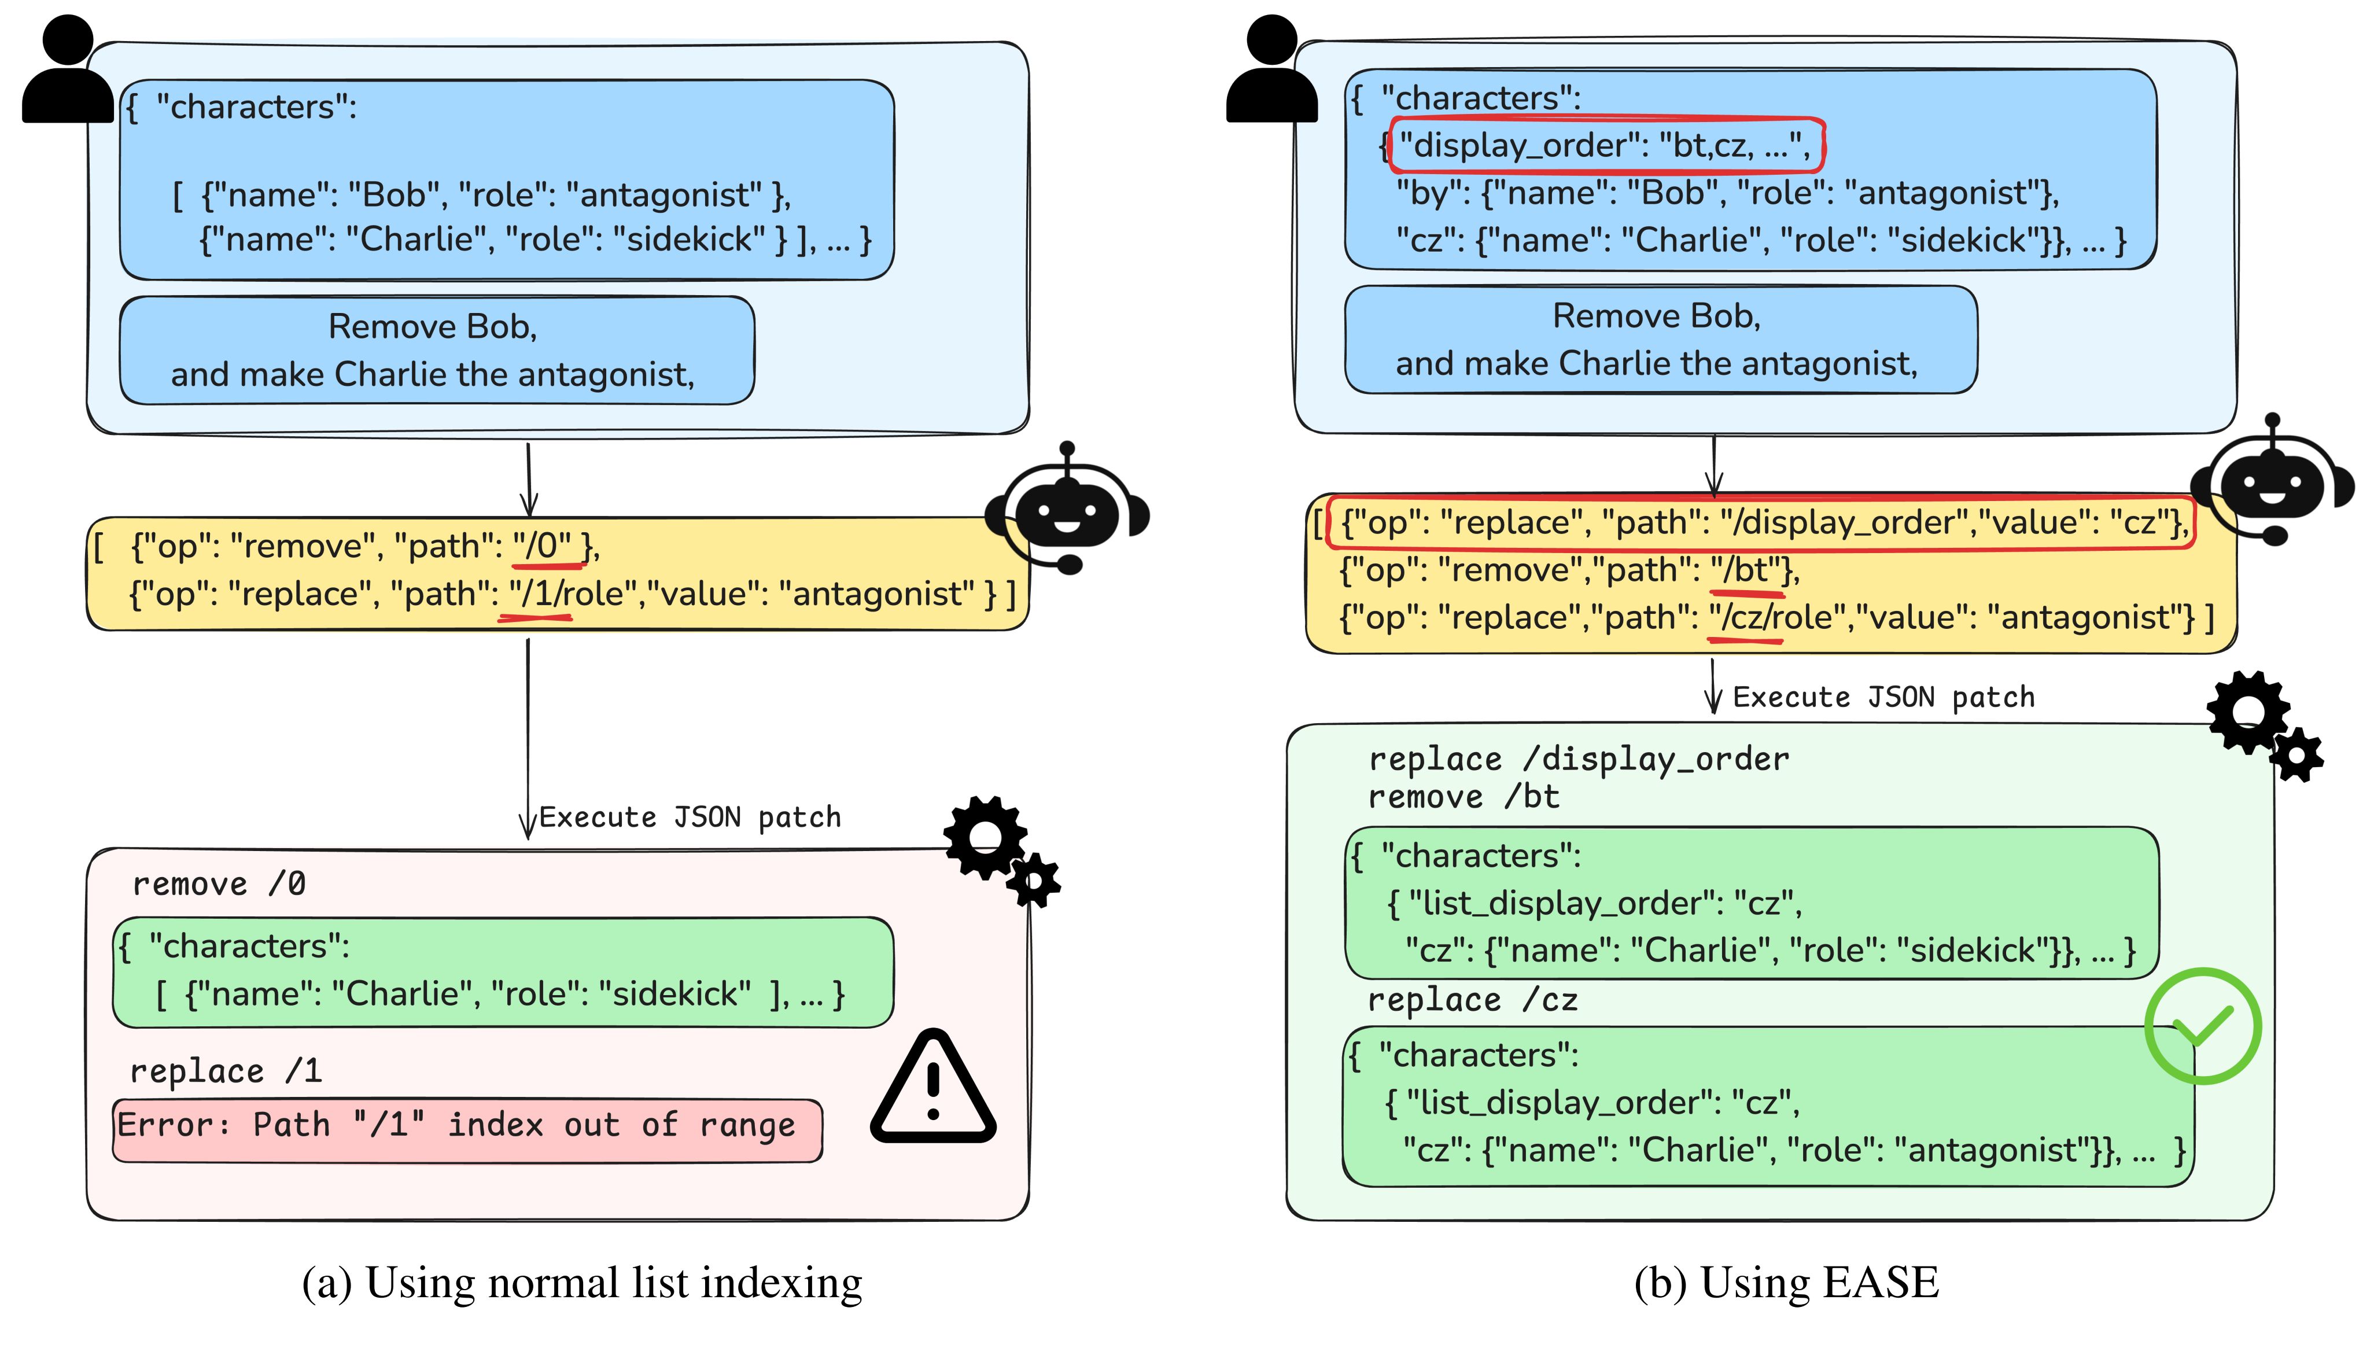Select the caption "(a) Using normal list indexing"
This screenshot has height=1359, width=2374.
[x=583, y=1283]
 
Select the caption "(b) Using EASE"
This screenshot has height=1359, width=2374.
[x=1786, y=1283]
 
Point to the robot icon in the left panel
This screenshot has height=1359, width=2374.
[x=1067, y=509]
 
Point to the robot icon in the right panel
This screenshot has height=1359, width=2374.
[x=2272, y=481]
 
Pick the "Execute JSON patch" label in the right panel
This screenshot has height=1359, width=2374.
[x=1883, y=697]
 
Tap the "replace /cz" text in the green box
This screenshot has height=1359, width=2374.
[x=1473, y=1000]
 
